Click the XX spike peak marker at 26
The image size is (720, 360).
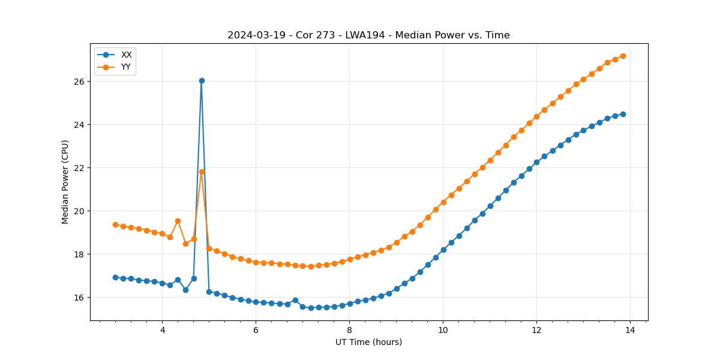[x=202, y=80]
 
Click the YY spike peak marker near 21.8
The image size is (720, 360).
[x=202, y=172]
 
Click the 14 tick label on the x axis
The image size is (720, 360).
[x=630, y=330]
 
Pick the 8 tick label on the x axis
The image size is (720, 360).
[x=349, y=330]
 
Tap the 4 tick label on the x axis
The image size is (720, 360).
[x=162, y=330]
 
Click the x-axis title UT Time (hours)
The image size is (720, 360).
[x=368, y=342]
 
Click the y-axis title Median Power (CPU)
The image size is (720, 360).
[x=65, y=182]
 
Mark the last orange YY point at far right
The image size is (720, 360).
[x=623, y=56]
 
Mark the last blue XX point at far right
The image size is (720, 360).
[x=623, y=114]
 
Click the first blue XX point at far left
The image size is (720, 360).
[x=115, y=277]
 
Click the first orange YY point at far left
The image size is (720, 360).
[x=115, y=224]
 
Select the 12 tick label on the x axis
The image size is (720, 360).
[x=536, y=330]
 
